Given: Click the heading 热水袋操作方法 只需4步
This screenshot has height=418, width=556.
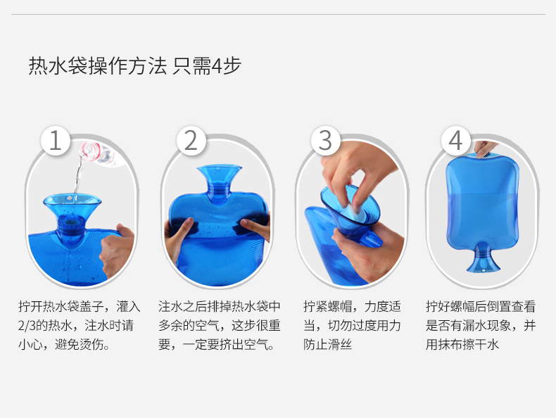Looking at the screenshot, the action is tap(134, 65).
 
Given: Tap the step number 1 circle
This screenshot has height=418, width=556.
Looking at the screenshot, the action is tap(56, 141).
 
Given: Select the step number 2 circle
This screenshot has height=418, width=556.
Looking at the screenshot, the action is tap(191, 141).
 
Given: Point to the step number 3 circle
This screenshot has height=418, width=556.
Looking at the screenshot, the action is tap(326, 141).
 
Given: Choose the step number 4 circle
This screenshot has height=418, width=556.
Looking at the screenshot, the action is tap(456, 141).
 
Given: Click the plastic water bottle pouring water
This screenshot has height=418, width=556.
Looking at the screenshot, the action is tap(101, 153).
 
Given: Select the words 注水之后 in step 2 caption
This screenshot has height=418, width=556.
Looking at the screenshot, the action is tap(183, 306).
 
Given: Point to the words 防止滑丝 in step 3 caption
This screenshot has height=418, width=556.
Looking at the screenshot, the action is tap(328, 344).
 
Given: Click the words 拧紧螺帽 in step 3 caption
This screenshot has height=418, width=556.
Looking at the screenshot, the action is tap(328, 306).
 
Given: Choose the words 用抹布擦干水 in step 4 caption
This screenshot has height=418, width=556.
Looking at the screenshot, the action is tap(462, 344).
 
